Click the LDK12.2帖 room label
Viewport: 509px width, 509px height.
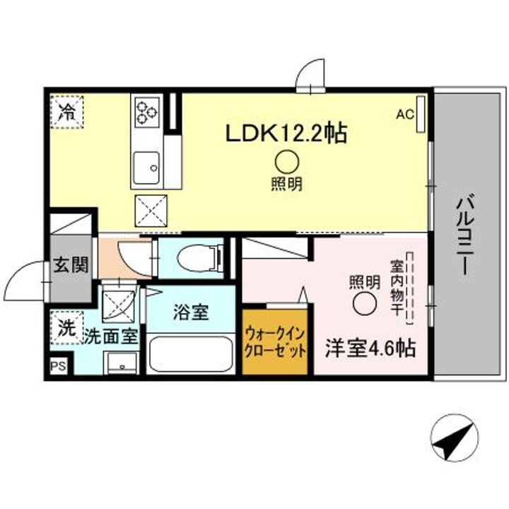point(286,133)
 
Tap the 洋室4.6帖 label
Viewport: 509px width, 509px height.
point(370,349)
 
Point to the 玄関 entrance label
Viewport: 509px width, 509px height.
point(71,264)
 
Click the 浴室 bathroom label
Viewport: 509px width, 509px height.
point(191,312)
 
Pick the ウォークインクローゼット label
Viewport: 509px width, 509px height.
point(275,343)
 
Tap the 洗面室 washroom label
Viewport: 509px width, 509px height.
point(112,337)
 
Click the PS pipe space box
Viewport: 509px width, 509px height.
point(58,366)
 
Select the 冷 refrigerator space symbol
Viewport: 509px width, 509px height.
point(67,112)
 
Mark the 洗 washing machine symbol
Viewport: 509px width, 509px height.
point(67,327)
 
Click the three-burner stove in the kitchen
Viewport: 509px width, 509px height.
point(147,112)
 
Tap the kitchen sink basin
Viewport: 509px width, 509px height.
point(147,168)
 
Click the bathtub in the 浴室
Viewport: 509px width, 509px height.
point(191,354)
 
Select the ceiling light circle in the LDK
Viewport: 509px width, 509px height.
point(287,162)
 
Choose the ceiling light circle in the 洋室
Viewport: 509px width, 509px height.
point(365,303)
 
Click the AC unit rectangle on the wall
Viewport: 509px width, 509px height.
point(421,114)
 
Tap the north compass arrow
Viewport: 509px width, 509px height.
point(454,437)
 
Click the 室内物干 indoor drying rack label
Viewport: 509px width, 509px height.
point(397,288)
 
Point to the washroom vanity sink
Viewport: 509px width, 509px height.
point(122,363)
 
